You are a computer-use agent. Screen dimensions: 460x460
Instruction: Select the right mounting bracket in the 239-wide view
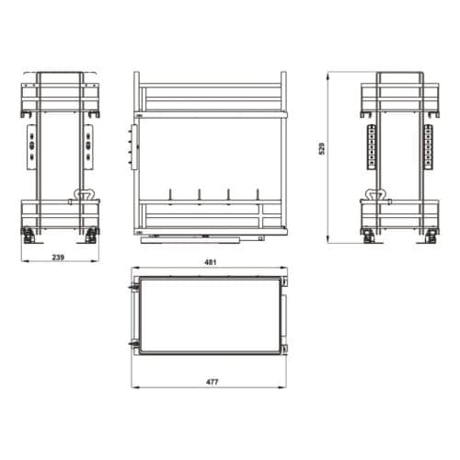click(x=88, y=145)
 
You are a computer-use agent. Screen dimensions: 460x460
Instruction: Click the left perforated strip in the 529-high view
click(x=372, y=147)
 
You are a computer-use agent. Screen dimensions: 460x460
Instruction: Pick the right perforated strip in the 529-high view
click(x=428, y=147)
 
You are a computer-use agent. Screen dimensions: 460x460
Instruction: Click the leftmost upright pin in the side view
click(x=171, y=196)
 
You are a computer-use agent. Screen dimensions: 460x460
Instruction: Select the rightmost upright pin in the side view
click(x=256, y=196)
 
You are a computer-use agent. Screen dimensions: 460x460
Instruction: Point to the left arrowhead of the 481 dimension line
click(x=132, y=270)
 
